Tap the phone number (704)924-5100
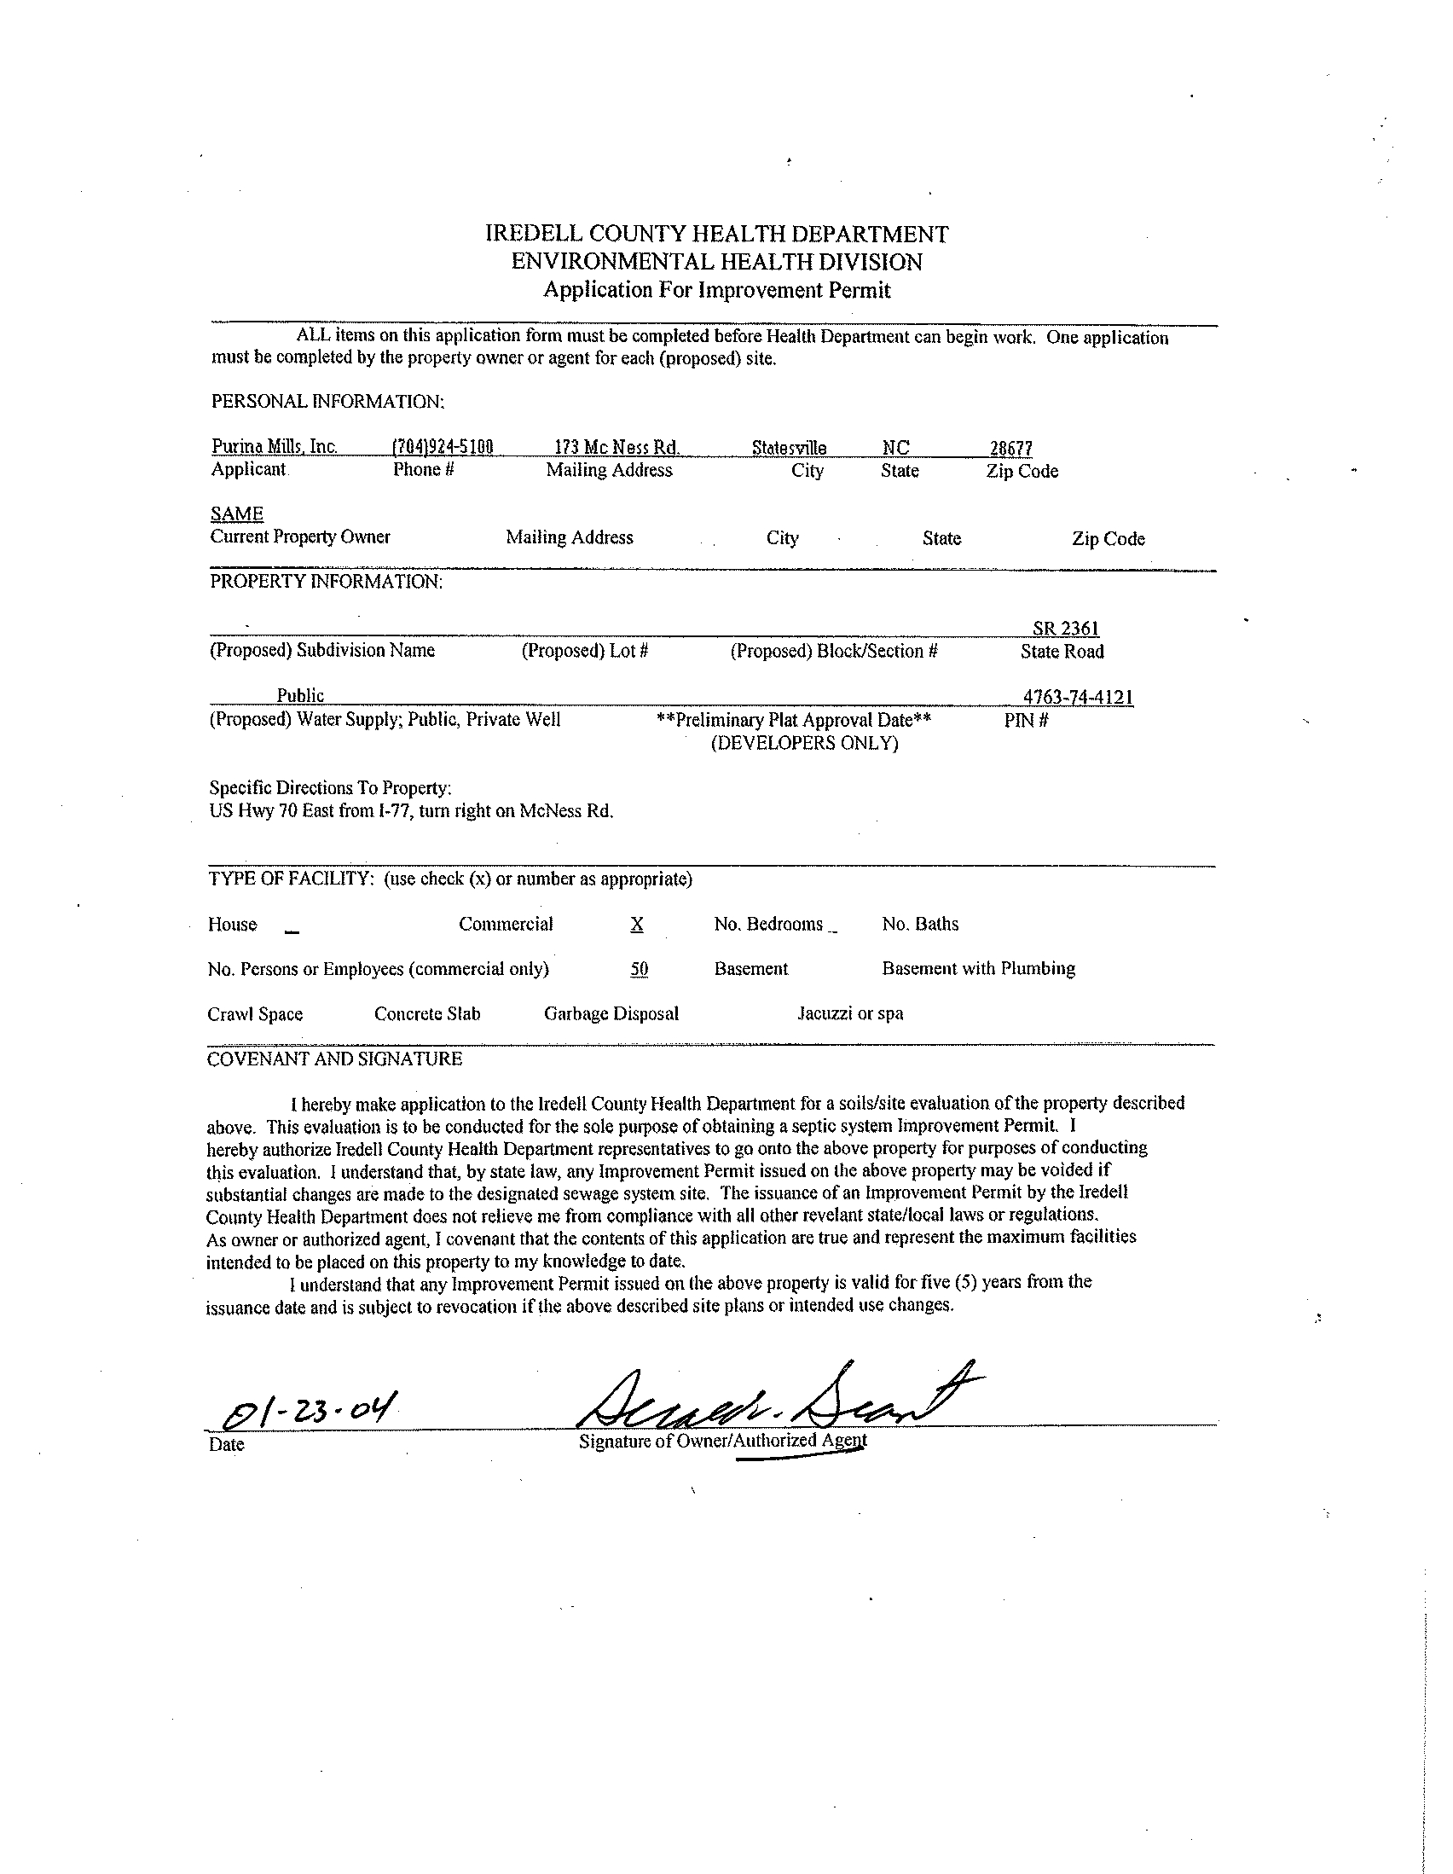click(443, 447)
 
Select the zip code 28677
click(1011, 448)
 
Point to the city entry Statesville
click(789, 448)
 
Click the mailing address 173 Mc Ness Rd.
click(617, 447)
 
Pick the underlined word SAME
click(237, 514)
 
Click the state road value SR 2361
click(1065, 629)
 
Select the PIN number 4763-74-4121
click(1078, 697)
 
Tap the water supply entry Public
click(300, 696)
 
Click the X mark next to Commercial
click(636, 924)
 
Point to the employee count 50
click(639, 969)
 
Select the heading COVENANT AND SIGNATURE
click(334, 1059)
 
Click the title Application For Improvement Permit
click(717, 290)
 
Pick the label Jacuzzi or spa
click(850, 1013)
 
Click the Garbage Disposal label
click(611, 1013)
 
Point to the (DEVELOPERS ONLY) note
click(804, 743)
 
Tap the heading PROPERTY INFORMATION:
click(326, 582)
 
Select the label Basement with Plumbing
click(979, 969)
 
